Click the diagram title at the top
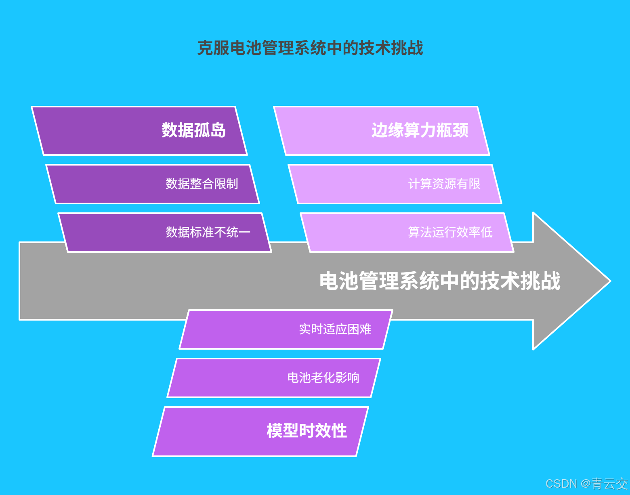pyautogui.click(x=310, y=48)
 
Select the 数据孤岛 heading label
pyautogui.click(x=193, y=130)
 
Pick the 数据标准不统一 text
pyautogui.click(x=208, y=232)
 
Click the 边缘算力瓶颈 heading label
pyautogui.click(x=420, y=130)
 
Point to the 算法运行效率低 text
pyautogui.click(x=450, y=232)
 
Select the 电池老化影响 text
pyautogui.click(x=323, y=378)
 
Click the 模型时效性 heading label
pyautogui.click(x=307, y=431)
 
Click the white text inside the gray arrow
pyautogui.click(x=440, y=281)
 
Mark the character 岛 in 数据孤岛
pyautogui.click(x=218, y=130)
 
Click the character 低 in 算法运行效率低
pyautogui.click(x=487, y=232)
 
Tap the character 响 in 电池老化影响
pyautogui.click(x=353, y=378)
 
